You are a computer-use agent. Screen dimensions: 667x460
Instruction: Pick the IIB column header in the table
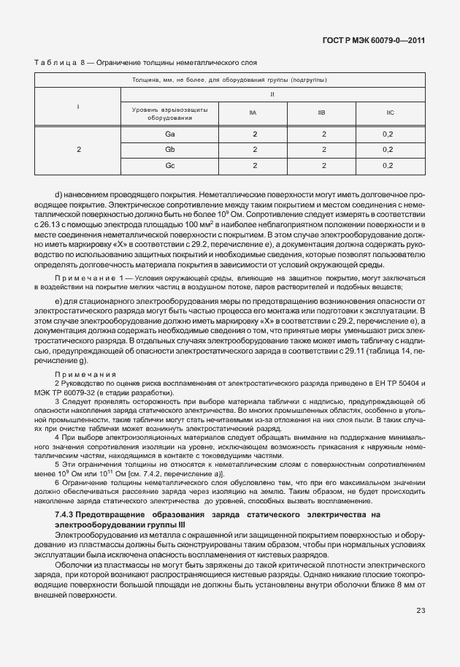tap(322, 113)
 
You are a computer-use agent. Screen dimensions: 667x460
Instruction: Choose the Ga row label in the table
tap(169, 135)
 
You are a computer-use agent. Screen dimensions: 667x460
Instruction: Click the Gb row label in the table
tap(169, 150)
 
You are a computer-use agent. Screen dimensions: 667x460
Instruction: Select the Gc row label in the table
tap(169, 166)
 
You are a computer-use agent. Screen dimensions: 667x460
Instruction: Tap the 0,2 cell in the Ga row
tap(388, 135)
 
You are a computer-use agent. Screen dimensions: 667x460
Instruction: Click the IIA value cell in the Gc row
tap(255, 166)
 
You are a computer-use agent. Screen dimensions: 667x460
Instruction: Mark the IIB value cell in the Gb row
tap(323, 150)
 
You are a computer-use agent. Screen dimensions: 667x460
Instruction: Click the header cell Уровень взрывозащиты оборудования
tap(169, 113)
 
